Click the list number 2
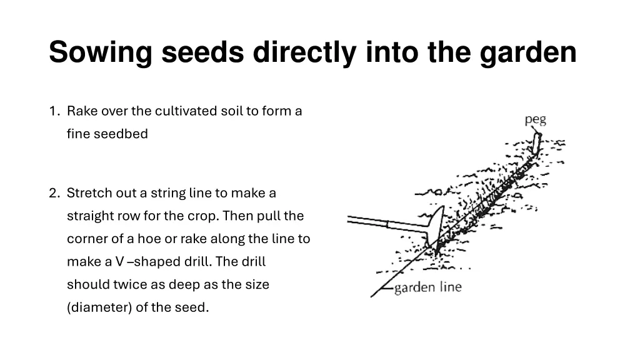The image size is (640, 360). [x=54, y=193]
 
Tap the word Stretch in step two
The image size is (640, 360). [x=87, y=193]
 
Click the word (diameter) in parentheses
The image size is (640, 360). [x=99, y=307]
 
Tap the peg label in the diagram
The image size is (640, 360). [x=535, y=119]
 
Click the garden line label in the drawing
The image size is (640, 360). [x=427, y=287]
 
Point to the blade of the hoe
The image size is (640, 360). [x=436, y=228]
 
